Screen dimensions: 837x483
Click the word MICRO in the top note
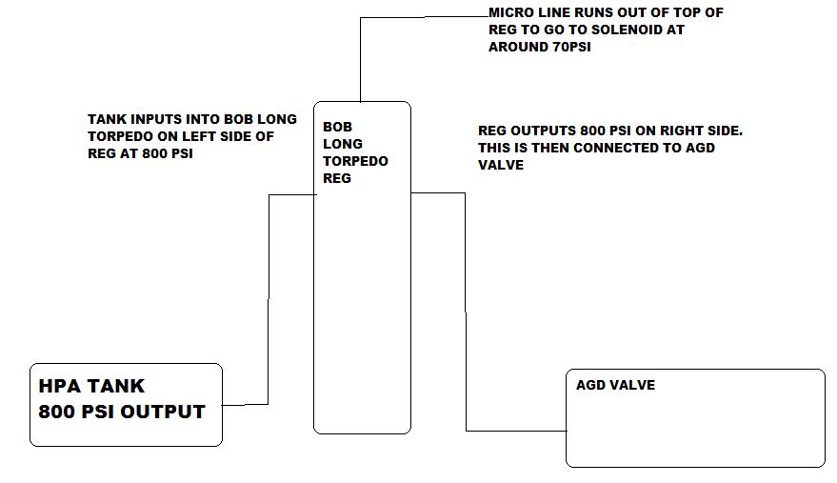click(510, 12)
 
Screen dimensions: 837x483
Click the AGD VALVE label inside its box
click(615, 385)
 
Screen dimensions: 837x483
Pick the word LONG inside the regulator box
click(343, 144)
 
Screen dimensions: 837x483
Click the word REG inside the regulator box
click(337, 178)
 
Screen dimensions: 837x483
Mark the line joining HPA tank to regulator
click(269, 300)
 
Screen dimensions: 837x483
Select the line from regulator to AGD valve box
click(466, 312)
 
